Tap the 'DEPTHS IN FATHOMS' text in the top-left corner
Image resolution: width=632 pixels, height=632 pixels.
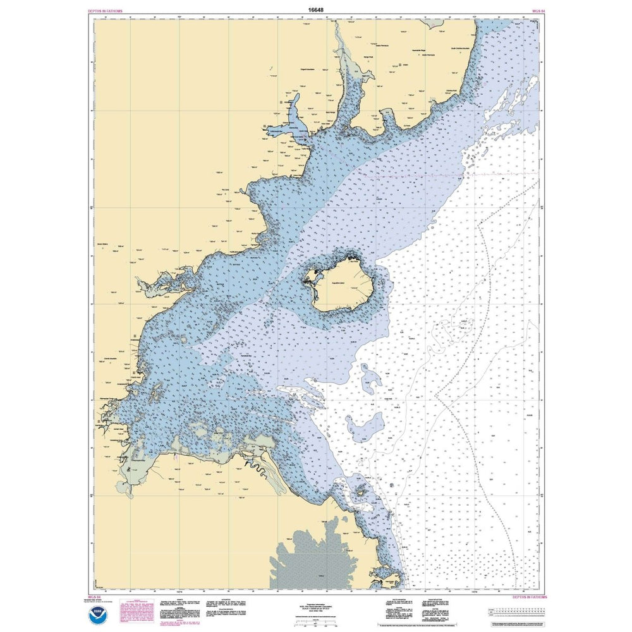[106, 11]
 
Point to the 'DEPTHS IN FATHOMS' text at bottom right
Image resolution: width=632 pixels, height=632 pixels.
[529, 597]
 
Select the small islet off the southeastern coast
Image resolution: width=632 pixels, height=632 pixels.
[362, 491]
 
